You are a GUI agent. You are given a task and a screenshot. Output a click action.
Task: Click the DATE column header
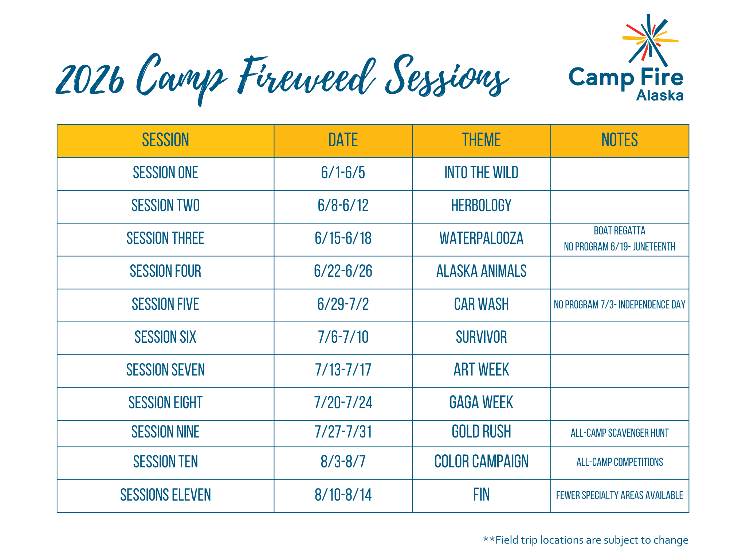click(x=343, y=140)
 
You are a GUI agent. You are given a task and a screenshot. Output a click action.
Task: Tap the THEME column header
click(x=481, y=140)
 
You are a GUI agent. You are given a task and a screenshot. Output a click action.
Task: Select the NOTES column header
click(x=619, y=140)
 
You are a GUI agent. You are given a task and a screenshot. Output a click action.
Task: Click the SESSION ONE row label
click(x=165, y=173)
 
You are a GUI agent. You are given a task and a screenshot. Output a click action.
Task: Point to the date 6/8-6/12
click(x=343, y=206)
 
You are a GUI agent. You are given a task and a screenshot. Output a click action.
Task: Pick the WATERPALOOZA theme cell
click(x=481, y=238)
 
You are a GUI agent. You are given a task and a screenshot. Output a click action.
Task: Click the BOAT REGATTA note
click(x=619, y=231)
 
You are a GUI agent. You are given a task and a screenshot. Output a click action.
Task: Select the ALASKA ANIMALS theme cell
click(x=481, y=271)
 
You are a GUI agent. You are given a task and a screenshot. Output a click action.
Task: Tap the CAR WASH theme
click(x=481, y=304)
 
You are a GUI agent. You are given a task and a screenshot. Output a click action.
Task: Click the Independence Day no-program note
click(x=619, y=305)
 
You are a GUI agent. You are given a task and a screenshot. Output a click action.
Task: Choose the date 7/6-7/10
click(x=343, y=337)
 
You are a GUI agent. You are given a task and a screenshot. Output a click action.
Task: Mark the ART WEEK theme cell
click(x=481, y=370)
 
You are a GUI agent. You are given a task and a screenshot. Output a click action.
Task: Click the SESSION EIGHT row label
click(x=165, y=403)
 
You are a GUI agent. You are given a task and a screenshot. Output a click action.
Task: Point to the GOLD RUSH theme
click(x=481, y=432)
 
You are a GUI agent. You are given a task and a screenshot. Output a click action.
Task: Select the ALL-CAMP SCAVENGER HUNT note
click(x=619, y=433)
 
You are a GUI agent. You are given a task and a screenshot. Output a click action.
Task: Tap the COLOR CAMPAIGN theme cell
click(x=481, y=462)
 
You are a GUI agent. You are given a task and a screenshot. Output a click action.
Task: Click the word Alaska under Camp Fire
click(x=660, y=96)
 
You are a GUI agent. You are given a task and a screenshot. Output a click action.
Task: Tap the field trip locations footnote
click(x=585, y=540)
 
